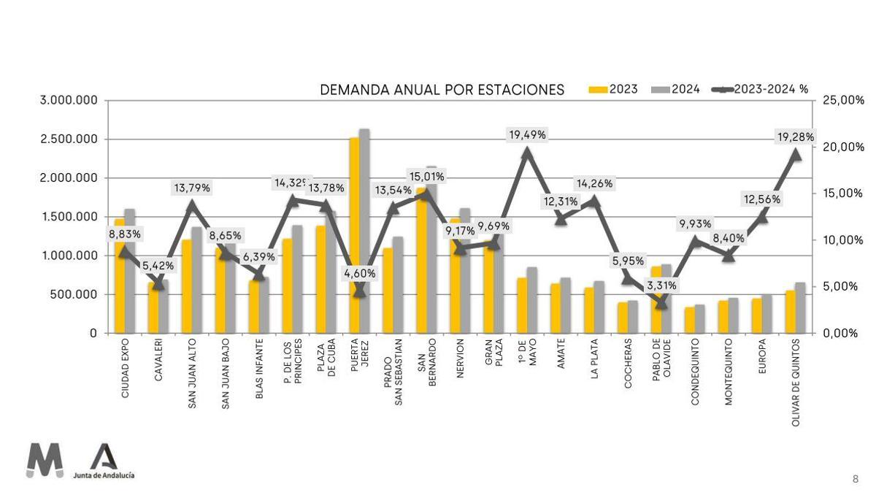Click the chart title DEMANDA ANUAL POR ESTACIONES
[442, 90]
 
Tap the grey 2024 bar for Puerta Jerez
[364, 234]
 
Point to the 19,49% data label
[527, 135]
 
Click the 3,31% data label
[661, 285]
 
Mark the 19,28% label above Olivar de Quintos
[796, 137]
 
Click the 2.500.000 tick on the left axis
[69, 139]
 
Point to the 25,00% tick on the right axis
[842, 100]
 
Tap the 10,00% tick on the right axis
[842, 240]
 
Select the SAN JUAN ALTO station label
[192, 372]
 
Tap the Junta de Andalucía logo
[104, 462]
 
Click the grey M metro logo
[45, 461]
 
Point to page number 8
[856, 479]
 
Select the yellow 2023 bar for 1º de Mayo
[522, 305]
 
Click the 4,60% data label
[360, 273]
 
